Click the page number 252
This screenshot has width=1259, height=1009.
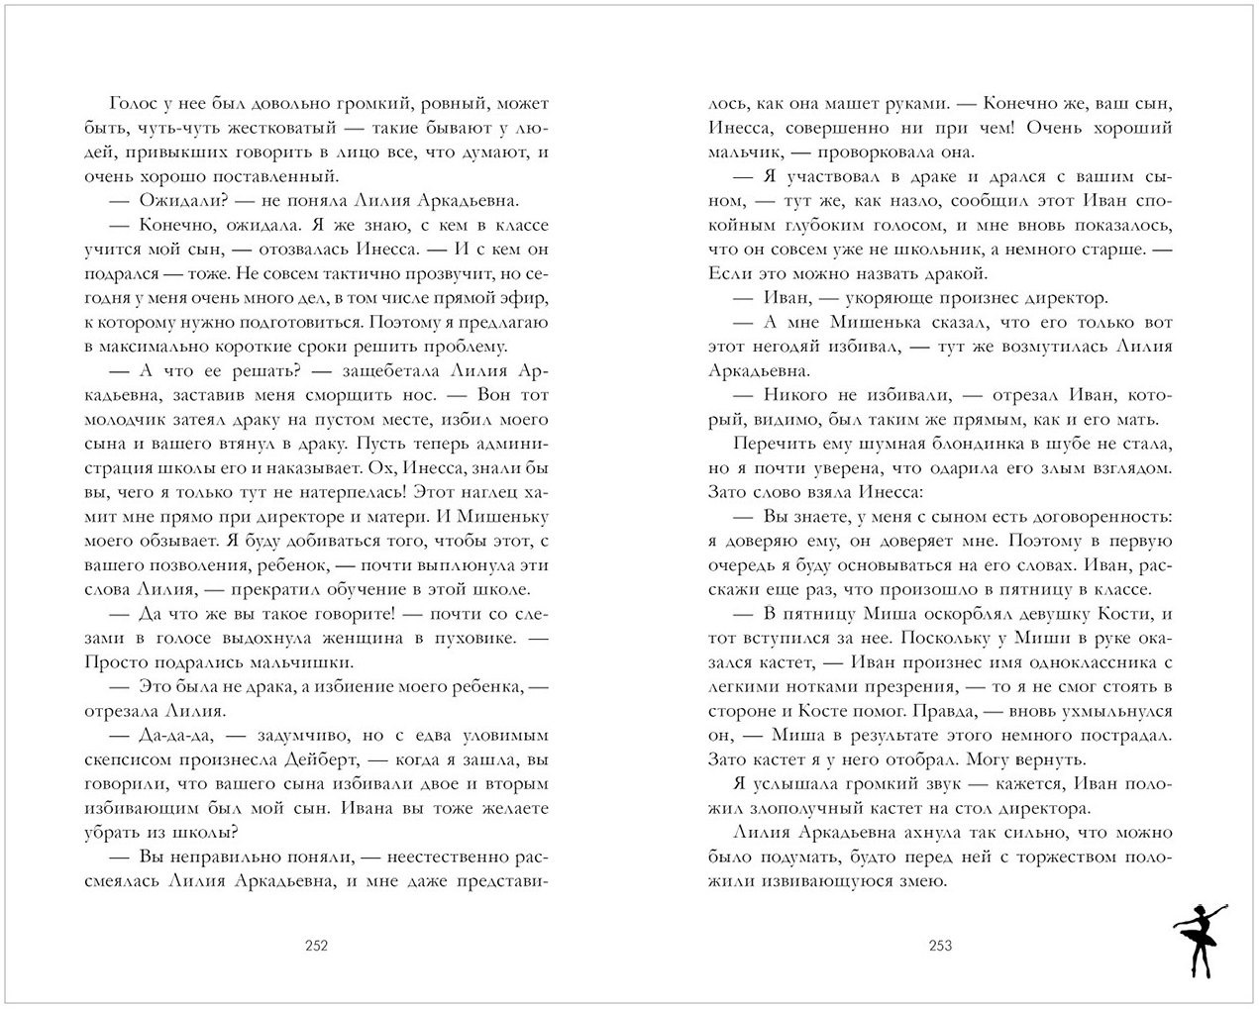[x=316, y=946]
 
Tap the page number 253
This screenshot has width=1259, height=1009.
[x=940, y=946]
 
